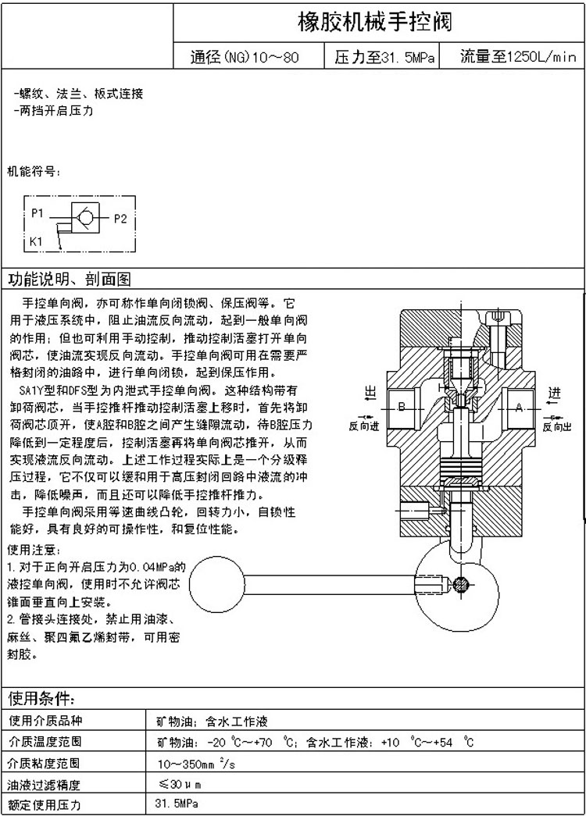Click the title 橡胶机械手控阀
(x=376, y=21)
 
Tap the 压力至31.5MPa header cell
(x=384, y=57)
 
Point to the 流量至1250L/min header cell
(x=516, y=57)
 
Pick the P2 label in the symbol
(x=120, y=219)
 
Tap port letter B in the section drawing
(x=400, y=407)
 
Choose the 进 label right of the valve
(x=554, y=392)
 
